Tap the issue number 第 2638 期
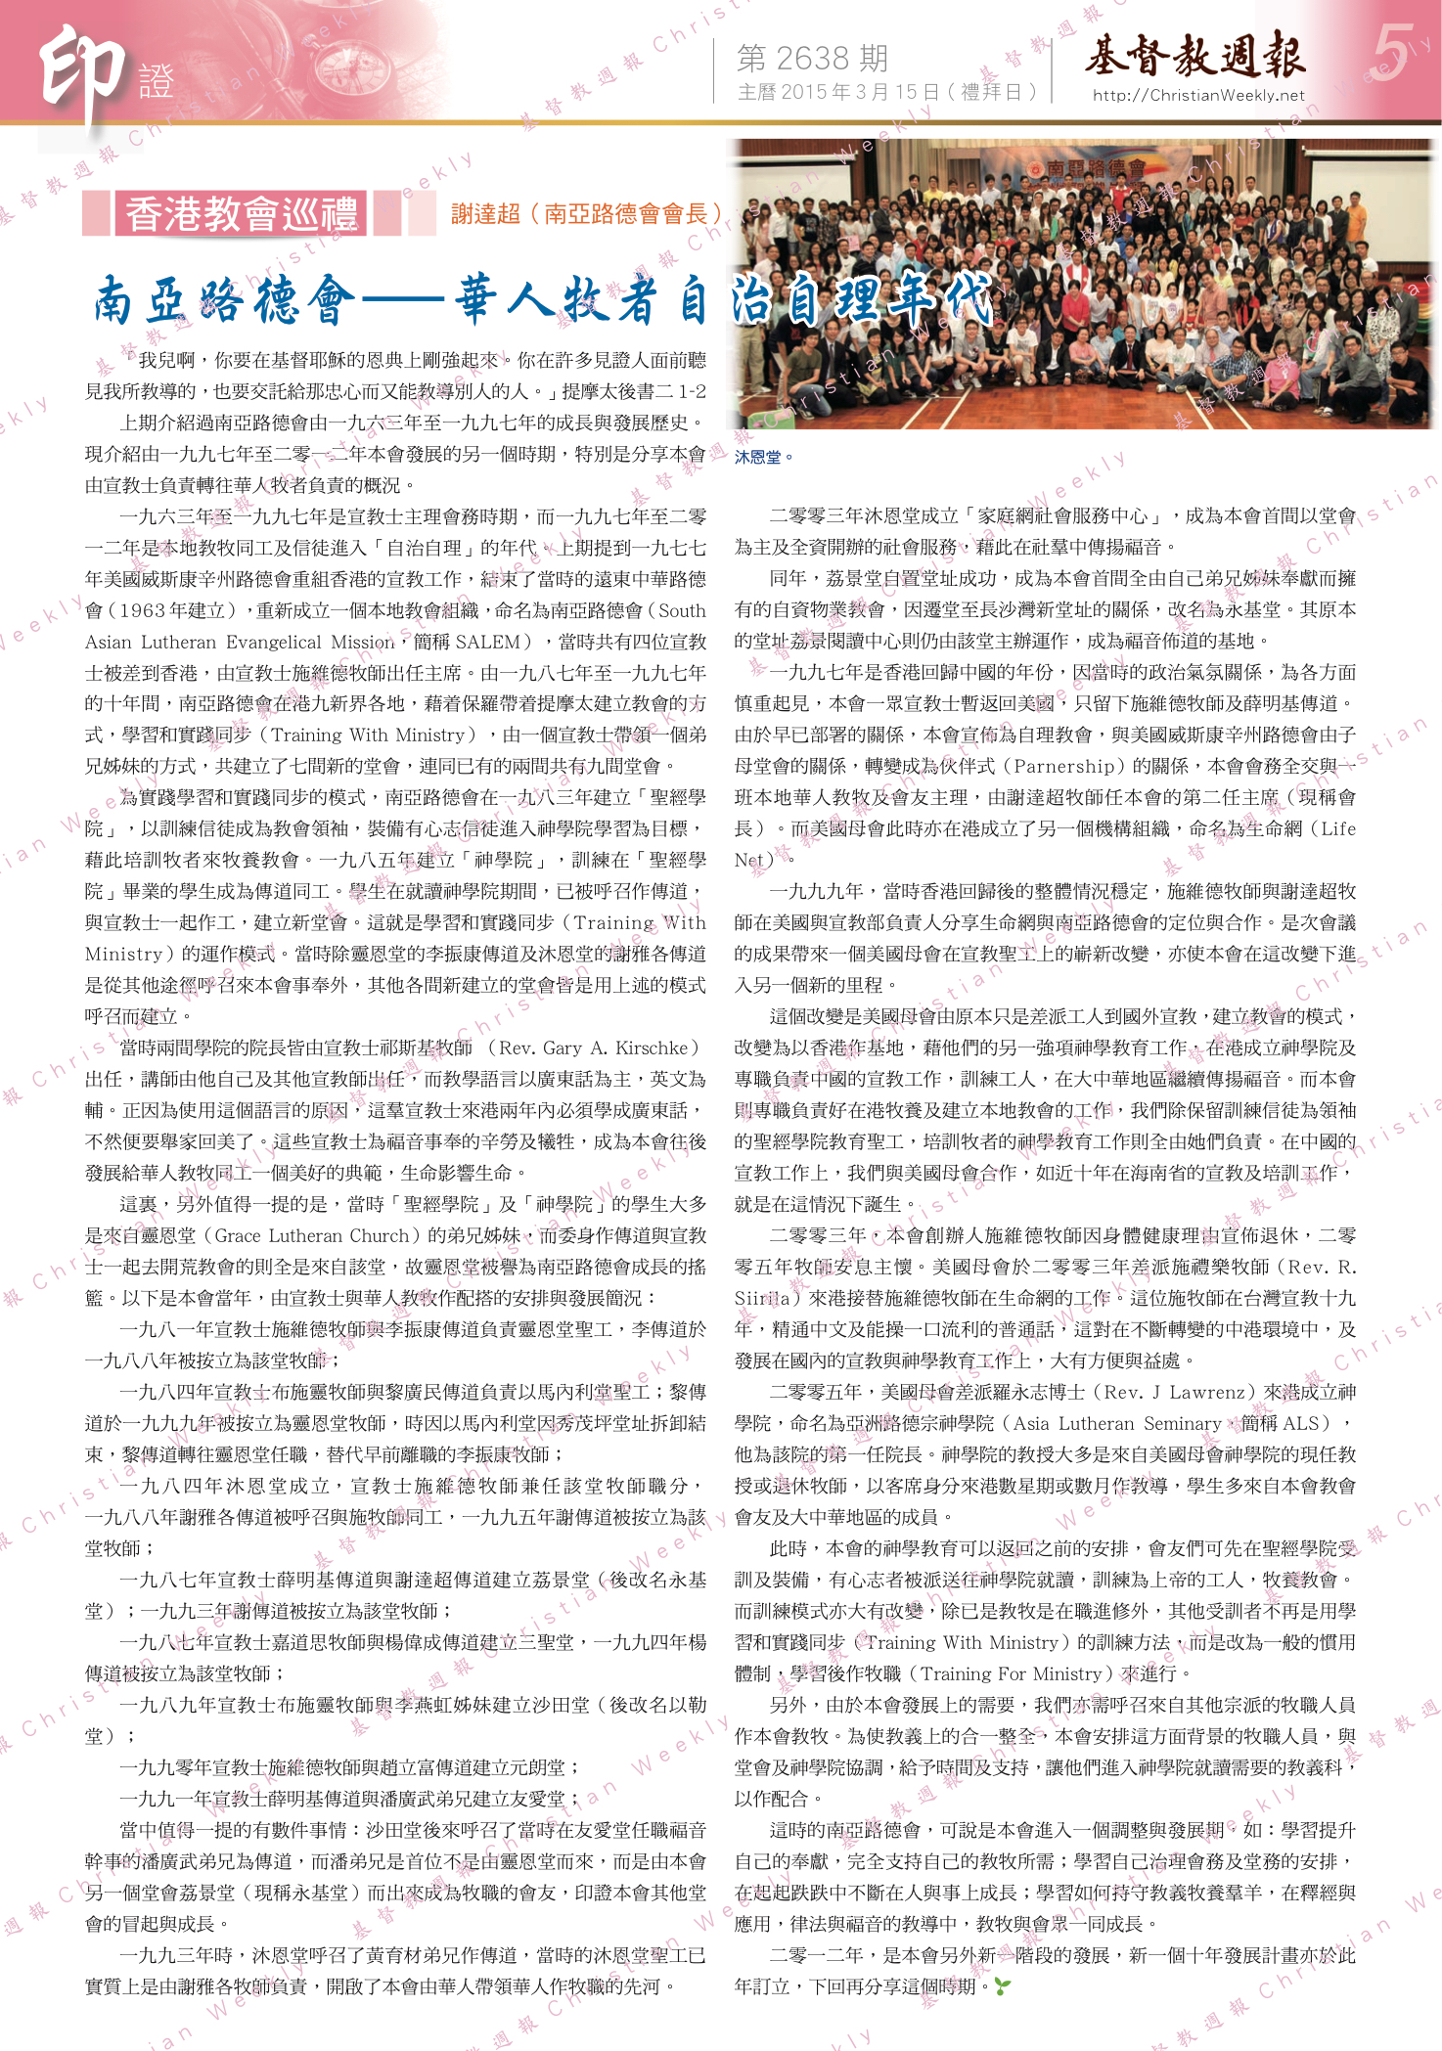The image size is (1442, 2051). tap(812, 59)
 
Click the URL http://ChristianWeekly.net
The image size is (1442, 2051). tap(1198, 95)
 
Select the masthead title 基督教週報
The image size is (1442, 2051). tap(1194, 55)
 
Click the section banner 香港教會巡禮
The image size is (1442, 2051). tap(242, 214)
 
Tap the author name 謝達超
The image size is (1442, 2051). tap(485, 214)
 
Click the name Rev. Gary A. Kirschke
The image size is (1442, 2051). tap(599, 1048)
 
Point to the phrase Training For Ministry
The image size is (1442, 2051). tap(1011, 1673)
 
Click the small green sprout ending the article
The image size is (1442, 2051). tap(1002, 1986)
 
